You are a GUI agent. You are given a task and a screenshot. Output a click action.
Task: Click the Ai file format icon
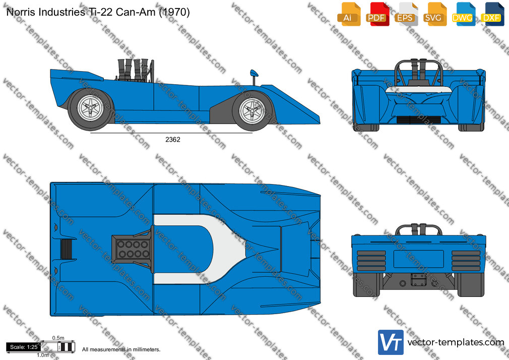point(349,14)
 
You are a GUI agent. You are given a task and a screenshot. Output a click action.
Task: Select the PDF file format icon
point(377,14)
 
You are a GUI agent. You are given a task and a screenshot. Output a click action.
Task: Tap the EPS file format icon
point(406,14)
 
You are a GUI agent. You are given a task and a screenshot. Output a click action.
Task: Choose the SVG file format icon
point(434,14)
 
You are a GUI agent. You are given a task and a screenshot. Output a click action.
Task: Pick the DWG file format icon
point(463,14)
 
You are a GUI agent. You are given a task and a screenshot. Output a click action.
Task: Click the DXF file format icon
point(492,14)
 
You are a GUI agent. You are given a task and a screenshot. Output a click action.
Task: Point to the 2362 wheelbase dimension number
point(173,140)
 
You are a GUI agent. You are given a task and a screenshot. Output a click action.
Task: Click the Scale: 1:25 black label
point(24,347)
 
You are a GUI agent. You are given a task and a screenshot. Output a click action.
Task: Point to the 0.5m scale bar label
point(58,338)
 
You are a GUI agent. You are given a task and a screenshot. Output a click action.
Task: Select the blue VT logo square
point(391,342)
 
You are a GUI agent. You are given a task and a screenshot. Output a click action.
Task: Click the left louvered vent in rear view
point(371,261)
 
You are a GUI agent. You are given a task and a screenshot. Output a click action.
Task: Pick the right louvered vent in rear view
point(466,261)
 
